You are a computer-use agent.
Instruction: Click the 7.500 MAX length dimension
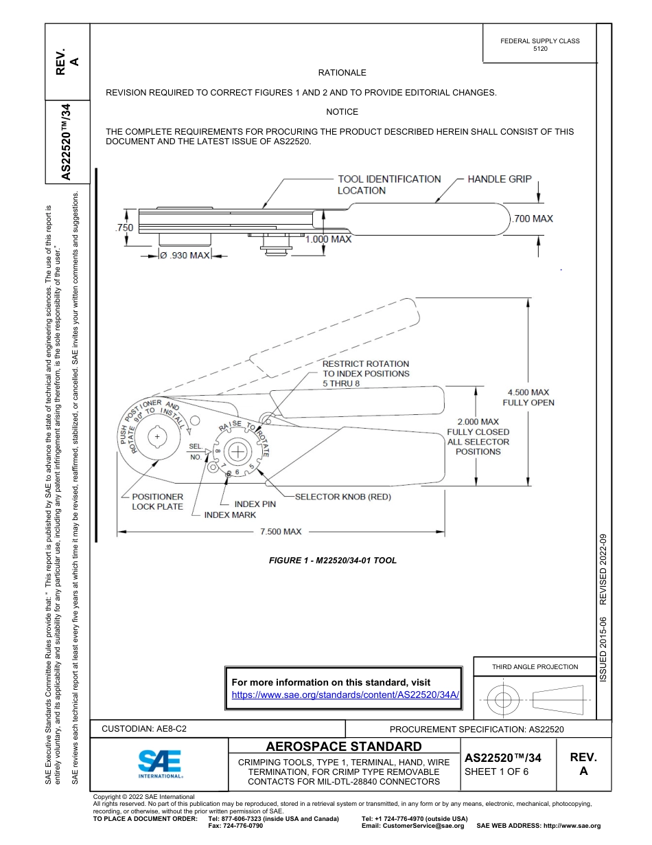(x=280, y=532)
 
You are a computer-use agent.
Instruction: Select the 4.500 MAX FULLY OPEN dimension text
(x=528, y=397)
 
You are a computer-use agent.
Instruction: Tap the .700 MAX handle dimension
(x=533, y=218)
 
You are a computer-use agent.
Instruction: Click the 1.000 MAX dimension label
(x=328, y=239)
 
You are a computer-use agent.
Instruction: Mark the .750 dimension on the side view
(x=124, y=228)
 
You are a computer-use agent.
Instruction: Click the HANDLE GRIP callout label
(x=499, y=179)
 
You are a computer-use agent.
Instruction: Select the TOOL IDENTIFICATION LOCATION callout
(x=388, y=184)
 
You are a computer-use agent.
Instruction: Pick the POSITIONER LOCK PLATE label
(x=157, y=502)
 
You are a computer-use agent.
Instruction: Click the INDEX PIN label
(x=255, y=504)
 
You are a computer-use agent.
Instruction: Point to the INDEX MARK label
(x=230, y=515)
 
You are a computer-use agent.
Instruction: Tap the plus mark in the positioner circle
(x=157, y=437)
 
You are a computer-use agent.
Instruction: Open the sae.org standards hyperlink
(x=345, y=695)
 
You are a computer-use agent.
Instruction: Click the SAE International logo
(x=159, y=763)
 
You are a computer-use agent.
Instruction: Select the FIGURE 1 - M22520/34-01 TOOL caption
(x=333, y=561)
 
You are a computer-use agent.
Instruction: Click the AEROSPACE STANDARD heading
(x=344, y=747)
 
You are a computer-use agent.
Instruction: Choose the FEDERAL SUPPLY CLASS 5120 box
(x=539, y=45)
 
